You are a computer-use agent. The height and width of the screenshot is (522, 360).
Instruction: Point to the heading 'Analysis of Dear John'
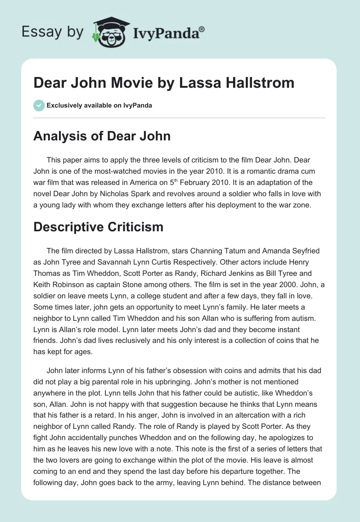point(102,136)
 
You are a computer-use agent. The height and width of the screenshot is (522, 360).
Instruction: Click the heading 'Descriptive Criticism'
point(98,227)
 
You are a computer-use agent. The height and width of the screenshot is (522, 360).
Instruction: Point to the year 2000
point(276,284)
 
